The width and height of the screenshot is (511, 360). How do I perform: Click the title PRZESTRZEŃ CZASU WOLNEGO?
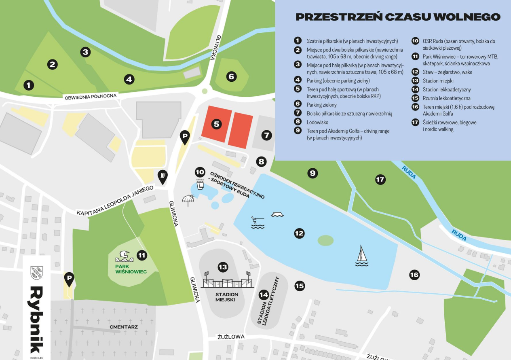pos(398,17)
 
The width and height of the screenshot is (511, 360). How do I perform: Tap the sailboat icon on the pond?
pos(362,256)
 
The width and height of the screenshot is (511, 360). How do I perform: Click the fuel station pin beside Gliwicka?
pos(163,177)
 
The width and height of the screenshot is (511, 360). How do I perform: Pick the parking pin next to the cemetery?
pos(69,279)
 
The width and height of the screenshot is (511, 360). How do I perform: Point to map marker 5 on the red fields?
pos(217,124)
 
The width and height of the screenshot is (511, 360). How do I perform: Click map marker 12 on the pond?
pos(299,233)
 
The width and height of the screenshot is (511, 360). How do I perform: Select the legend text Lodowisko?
pos(317,122)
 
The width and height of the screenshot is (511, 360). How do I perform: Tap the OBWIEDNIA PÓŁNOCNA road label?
pos(91,97)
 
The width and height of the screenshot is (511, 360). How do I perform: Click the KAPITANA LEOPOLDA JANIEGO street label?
pos(115,201)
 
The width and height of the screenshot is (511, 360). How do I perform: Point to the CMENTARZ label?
pos(124,326)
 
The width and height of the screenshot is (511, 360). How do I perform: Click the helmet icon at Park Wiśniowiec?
pos(125,255)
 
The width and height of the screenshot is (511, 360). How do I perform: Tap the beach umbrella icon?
pos(188,200)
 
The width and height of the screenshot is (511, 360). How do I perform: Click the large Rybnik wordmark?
pos(36,320)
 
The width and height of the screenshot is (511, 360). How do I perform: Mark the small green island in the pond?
pos(326,240)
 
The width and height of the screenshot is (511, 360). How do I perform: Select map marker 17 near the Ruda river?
pos(380,180)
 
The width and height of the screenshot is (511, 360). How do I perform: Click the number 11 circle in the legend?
pos(415,57)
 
